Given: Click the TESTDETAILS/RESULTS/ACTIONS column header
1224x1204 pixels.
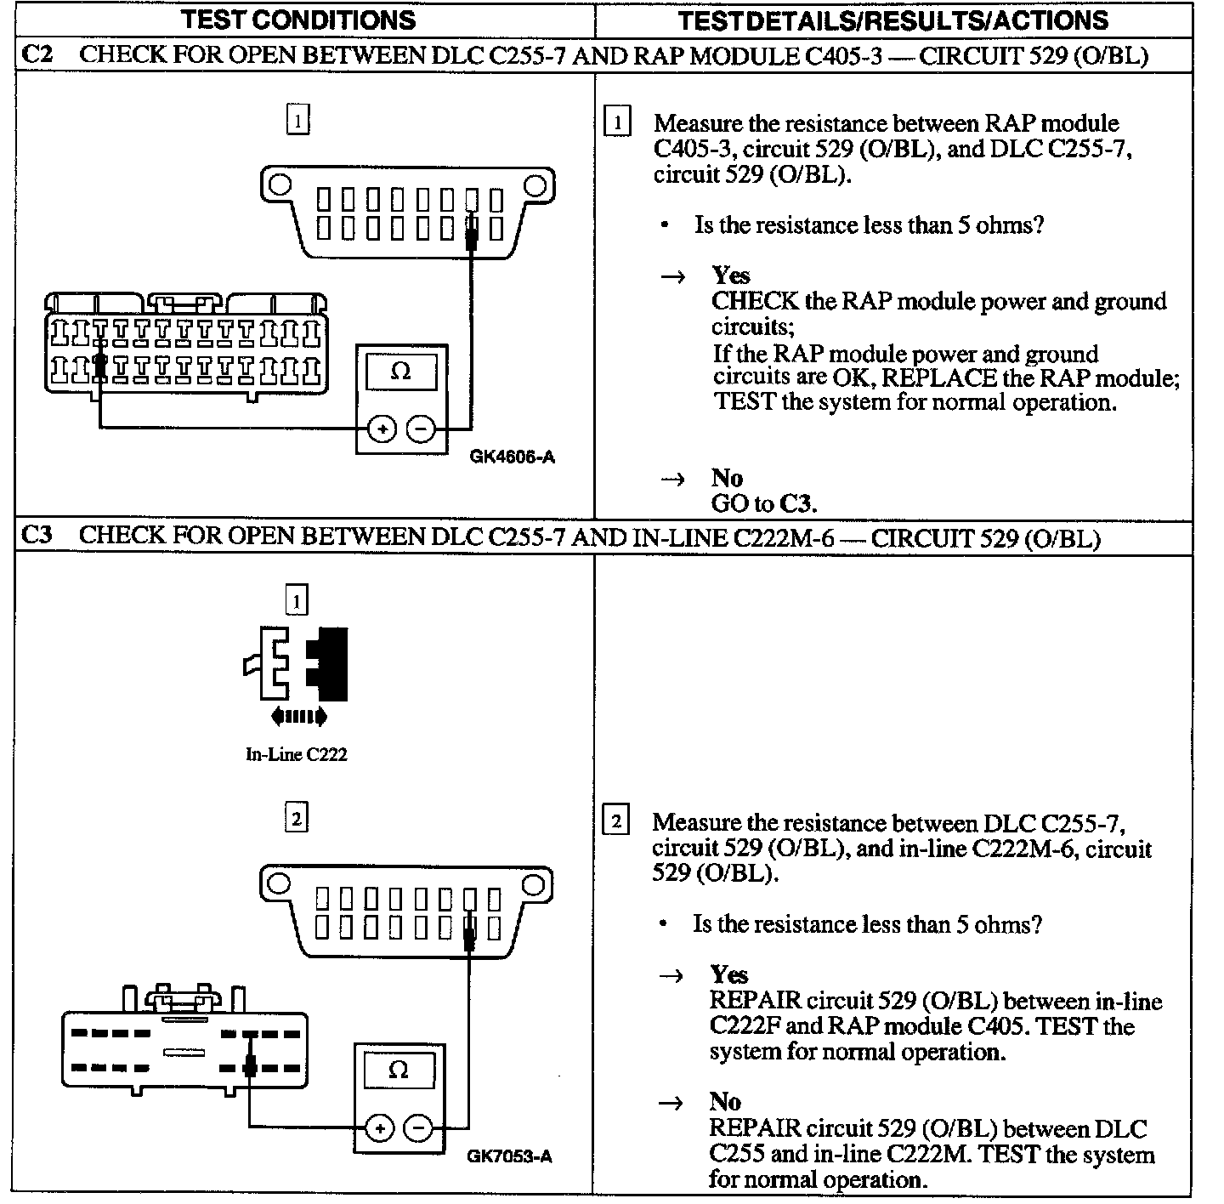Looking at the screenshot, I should click(892, 20).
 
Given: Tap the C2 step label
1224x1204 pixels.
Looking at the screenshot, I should click(37, 56).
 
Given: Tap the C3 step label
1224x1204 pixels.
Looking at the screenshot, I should click(37, 537).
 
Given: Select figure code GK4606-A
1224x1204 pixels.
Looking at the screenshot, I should click(513, 457).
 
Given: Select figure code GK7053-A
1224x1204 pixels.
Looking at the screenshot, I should click(509, 1157).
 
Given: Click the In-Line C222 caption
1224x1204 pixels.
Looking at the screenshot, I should click(296, 754).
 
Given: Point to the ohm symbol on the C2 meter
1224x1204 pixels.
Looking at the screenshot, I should click(401, 372).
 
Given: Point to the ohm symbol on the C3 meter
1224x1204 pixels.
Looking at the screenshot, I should click(398, 1071).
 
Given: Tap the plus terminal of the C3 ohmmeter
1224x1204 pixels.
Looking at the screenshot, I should click(380, 1128).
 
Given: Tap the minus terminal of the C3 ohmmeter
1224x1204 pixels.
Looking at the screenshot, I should click(418, 1128).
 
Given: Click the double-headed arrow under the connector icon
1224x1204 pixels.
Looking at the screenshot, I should click(298, 718).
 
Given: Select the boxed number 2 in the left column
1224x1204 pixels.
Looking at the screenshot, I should click(296, 818).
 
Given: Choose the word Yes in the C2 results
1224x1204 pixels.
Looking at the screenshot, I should click(731, 275).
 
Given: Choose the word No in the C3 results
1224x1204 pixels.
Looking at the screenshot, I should click(725, 1102).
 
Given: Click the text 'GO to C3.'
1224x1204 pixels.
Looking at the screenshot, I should click(763, 503).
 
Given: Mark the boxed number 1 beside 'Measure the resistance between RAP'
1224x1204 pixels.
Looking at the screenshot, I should click(616, 122).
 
